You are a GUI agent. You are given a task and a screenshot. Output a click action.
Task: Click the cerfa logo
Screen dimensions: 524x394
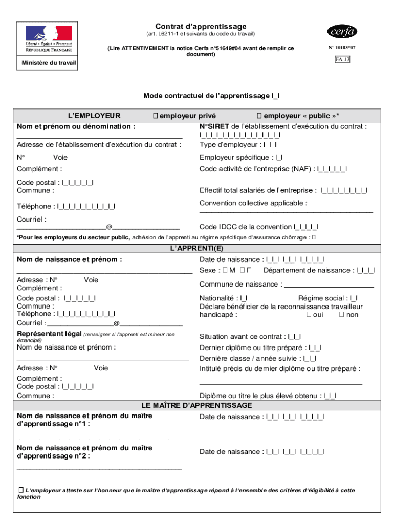coord(342,32)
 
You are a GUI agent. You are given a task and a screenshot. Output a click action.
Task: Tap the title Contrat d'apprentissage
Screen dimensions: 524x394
coord(201,26)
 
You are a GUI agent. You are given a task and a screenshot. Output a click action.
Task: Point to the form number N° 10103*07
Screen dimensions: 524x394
coord(342,48)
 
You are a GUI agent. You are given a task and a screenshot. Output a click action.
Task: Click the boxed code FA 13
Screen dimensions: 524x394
coord(342,59)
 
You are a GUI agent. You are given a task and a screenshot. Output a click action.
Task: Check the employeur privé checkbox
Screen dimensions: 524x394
coord(155,116)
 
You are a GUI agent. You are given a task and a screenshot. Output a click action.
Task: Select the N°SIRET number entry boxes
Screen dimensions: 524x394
coord(240,135)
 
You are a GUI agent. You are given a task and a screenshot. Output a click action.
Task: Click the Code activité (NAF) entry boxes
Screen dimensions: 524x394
coord(332,169)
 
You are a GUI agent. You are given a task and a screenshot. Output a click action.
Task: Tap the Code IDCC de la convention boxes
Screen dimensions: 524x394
coord(306,227)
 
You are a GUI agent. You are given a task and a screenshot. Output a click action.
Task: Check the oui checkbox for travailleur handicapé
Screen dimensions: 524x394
coord(309,315)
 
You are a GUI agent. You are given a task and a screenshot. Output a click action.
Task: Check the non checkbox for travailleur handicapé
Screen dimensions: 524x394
coord(342,315)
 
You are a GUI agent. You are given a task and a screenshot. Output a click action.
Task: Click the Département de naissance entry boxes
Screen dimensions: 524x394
coord(365,270)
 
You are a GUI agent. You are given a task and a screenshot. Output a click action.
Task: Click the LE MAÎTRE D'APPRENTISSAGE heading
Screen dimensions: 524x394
coord(197,405)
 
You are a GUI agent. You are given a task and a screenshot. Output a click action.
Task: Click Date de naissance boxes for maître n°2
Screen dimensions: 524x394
coord(295,452)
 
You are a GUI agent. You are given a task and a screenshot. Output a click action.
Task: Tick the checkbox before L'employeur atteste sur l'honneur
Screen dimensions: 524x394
coord(20,490)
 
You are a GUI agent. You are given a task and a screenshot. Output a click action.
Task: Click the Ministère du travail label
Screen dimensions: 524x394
coord(49,63)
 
